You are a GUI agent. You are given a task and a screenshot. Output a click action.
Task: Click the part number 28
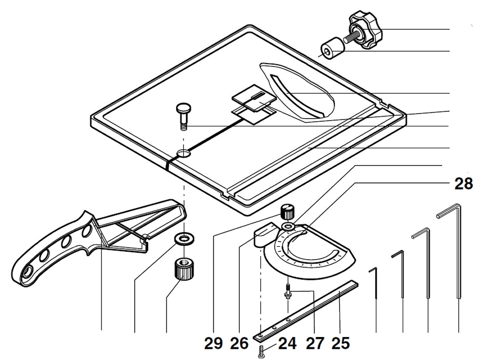[x=463, y=184]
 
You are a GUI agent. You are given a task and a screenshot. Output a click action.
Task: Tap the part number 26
[x=240, y=343]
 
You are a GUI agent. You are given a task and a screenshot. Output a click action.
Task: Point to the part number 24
[x=287, y=343]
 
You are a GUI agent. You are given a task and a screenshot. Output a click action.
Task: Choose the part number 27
[x=315, y=343]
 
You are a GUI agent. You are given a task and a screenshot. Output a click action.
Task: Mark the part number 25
[x=340, y=343]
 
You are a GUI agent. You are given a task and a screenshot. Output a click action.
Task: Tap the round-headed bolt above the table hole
[x=183, y=115]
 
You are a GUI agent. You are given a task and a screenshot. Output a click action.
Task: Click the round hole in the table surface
[x=184, y=154]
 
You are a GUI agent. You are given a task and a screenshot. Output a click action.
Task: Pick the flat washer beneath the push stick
[x=184, y=239]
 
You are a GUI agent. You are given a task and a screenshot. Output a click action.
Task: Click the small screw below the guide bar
[x=261, y=351]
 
